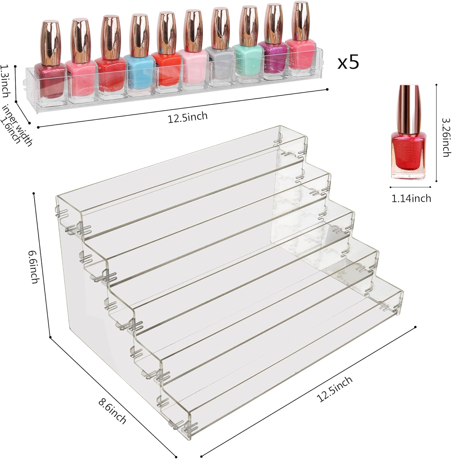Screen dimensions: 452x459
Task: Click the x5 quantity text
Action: coord(348,63)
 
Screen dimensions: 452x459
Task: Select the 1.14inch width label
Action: coord(411,199)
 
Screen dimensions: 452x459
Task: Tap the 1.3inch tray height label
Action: coord(5,80)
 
